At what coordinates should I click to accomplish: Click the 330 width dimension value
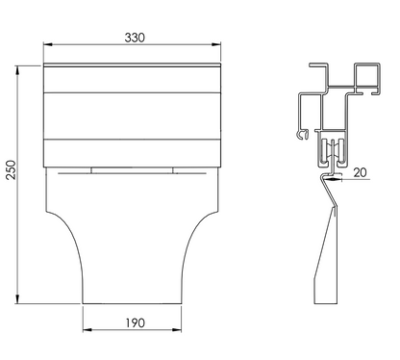pyautogui.click(x=135, y=38)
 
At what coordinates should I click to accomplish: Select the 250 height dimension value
pyautogui.click(x=12, y=169)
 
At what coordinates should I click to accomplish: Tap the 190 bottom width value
pyautogui.click(x=135, y=322)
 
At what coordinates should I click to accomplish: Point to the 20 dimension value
pyautogui.click(x=360, y=172)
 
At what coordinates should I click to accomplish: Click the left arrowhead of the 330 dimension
pyautogui.click(x=48, y=44)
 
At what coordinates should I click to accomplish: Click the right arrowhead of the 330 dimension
pyautogui.click(x=216, y=44)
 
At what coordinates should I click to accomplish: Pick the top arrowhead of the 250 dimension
pyautogui.click(x=17, y=70)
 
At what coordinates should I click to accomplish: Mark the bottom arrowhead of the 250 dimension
pyautogui.click(x=17, y=298)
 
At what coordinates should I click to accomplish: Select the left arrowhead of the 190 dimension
pyautogui.click(x=87, y=330)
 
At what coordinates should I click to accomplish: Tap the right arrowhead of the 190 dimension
pyautogui.click(x=177, y=330)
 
